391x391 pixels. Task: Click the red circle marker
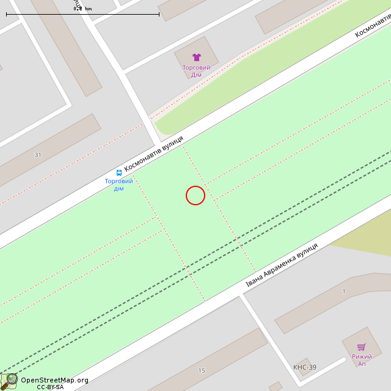click(x=195, y=195)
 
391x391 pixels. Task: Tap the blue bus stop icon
click(x=119, y=173)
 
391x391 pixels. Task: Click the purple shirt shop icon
click(x=197, y=57)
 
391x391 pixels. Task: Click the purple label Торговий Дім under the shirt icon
click(x=197, y=71)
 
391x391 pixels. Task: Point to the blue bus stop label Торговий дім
click(x=119, y=185)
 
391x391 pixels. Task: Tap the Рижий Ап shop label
click(x=362, y=360)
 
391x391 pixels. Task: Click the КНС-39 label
click(x=305, y=367)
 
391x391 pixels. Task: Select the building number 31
click(x=38, y=155)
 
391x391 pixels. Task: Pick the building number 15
click(x=202, y=371)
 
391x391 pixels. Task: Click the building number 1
click(x=344, y=291)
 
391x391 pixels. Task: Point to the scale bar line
click(x=82, y=14)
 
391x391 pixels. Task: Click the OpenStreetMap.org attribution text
click(x=54, y=380)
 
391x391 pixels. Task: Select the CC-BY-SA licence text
click(x=50, y=387)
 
